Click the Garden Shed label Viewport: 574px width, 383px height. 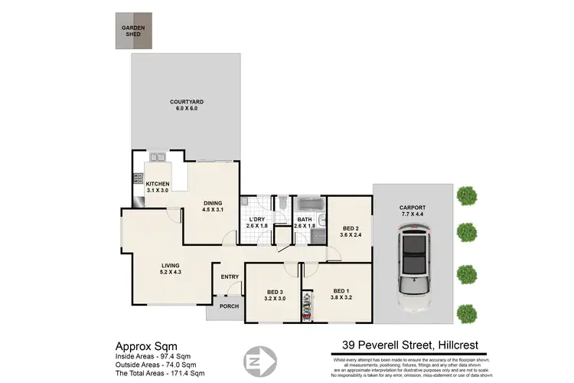pos(133,31)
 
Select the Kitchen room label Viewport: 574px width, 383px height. pos(157,186)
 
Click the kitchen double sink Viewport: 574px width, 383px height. pos(159,158)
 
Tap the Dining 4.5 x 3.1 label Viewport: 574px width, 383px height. pos(212,205)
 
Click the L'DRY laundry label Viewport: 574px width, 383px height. pos(256,223)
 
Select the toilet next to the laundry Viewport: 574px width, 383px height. pos(282,203)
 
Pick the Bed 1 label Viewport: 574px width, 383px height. pos(341,294)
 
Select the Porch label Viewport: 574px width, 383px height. pos(228,307)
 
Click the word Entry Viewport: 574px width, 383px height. pos(230,277)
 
